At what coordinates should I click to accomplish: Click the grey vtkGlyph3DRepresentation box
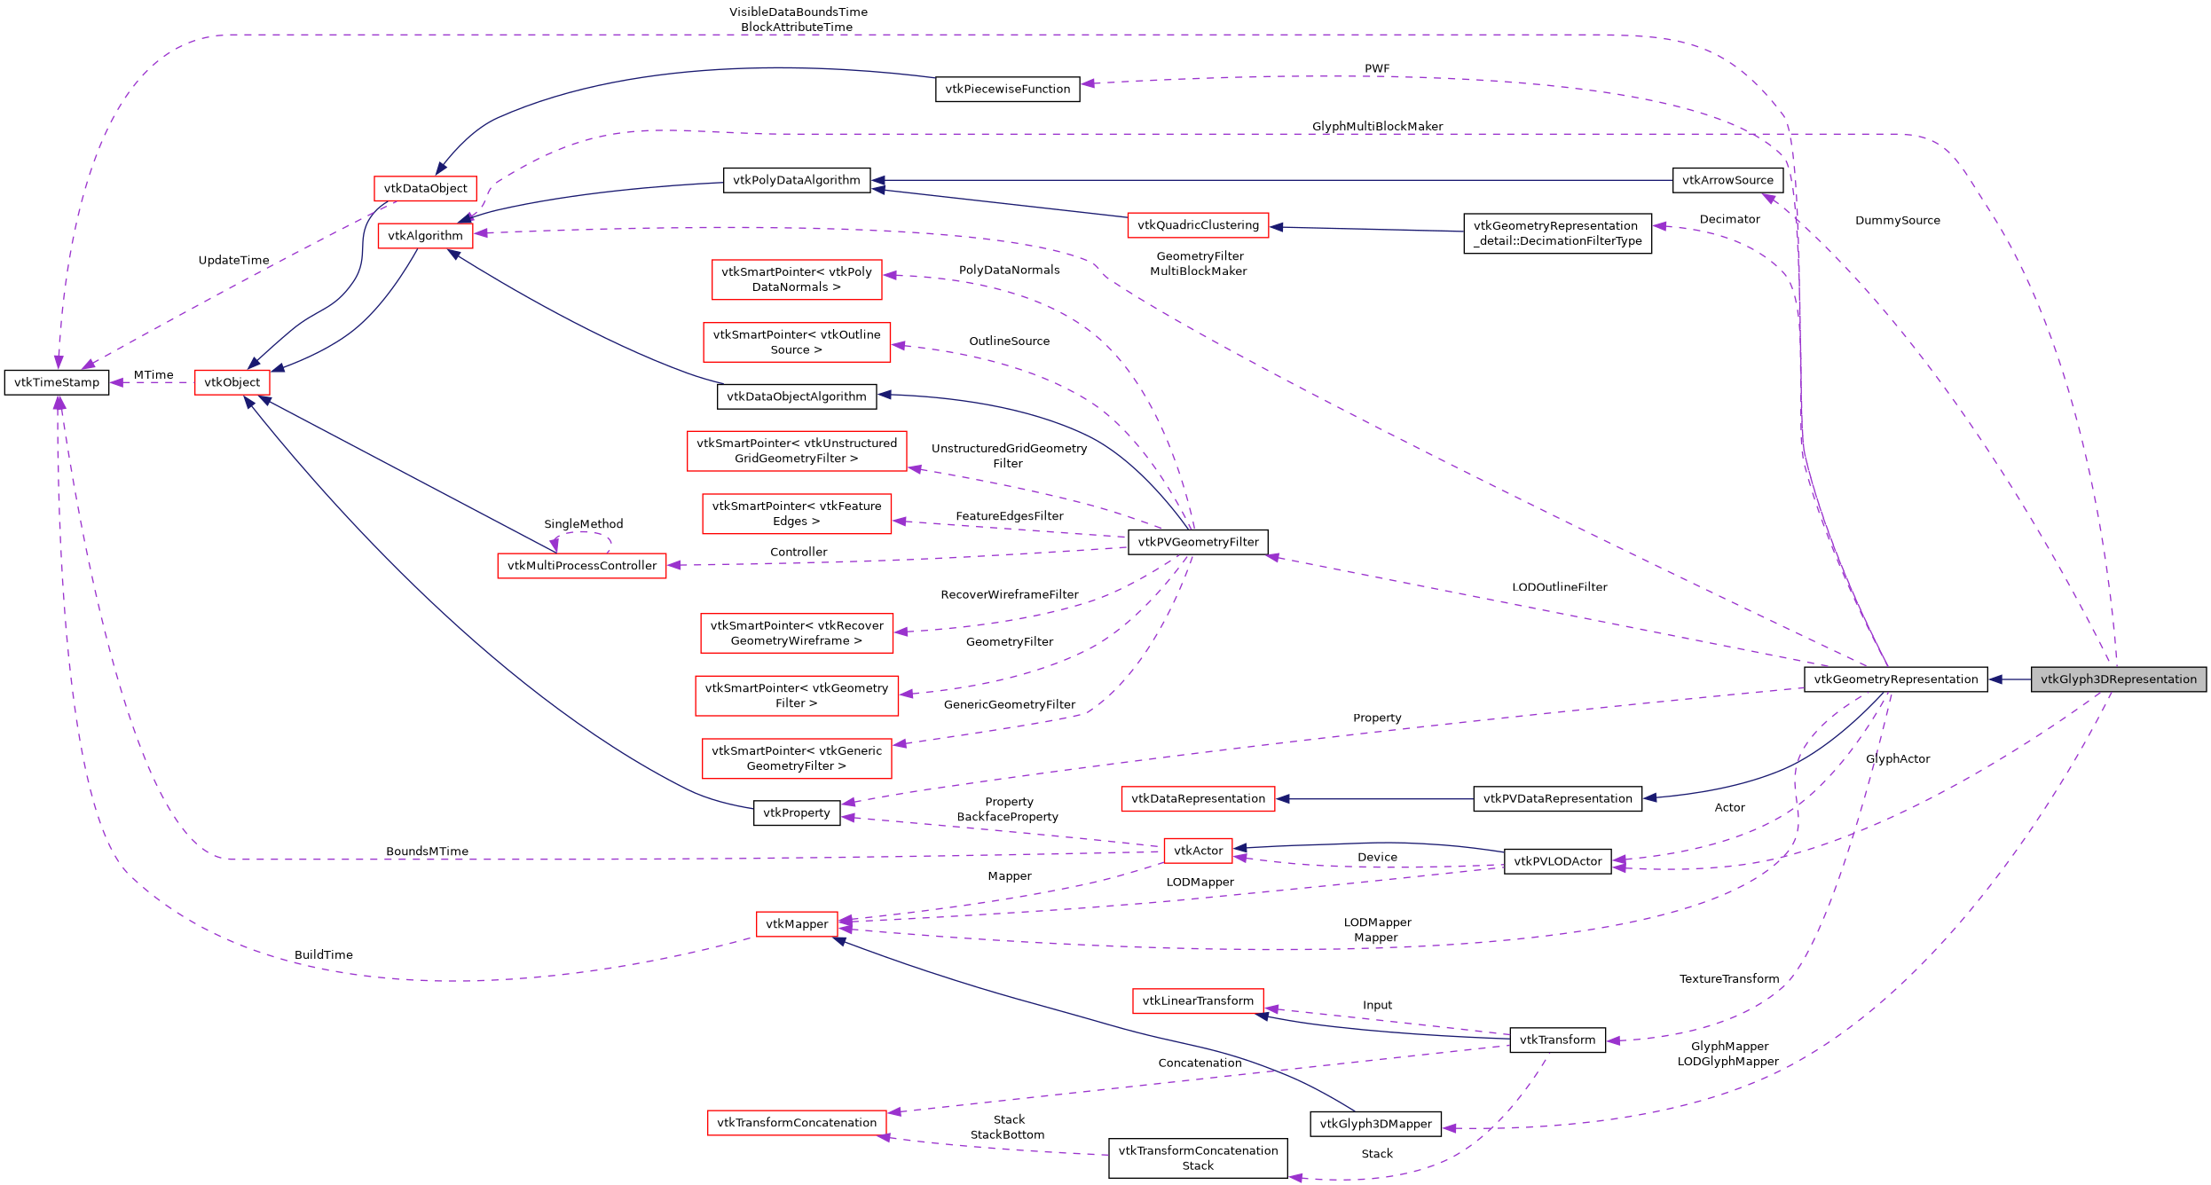(2118, 679)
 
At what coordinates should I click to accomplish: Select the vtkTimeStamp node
(57, 382)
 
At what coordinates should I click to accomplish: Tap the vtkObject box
(232, 382)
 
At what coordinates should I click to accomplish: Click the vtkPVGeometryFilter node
(1198, 542)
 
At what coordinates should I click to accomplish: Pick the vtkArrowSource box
(1727, 180)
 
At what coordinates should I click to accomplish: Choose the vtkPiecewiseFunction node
(1007, 89)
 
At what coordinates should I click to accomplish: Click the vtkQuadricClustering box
(1198, 225)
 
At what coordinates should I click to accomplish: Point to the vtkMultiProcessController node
(582, 566)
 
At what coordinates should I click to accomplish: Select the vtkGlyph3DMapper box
(1375, 1124)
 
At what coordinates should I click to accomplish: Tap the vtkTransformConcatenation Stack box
(1198, 1158)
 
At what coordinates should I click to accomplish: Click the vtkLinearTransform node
(1198, 1001)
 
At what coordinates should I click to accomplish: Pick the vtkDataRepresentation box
(1198, 798)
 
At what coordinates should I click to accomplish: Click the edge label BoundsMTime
(427, 851)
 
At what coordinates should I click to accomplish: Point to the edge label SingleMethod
(583, 524)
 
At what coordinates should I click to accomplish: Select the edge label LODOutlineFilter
(1559, 587)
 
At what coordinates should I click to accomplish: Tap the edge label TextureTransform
(1728, 979)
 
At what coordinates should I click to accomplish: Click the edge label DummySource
(1897, 221)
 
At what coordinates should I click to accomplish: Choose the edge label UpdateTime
(233, 261)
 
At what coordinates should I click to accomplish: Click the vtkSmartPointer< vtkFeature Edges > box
(797, 514)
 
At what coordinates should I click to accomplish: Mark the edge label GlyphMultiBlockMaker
(1377, 127)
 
